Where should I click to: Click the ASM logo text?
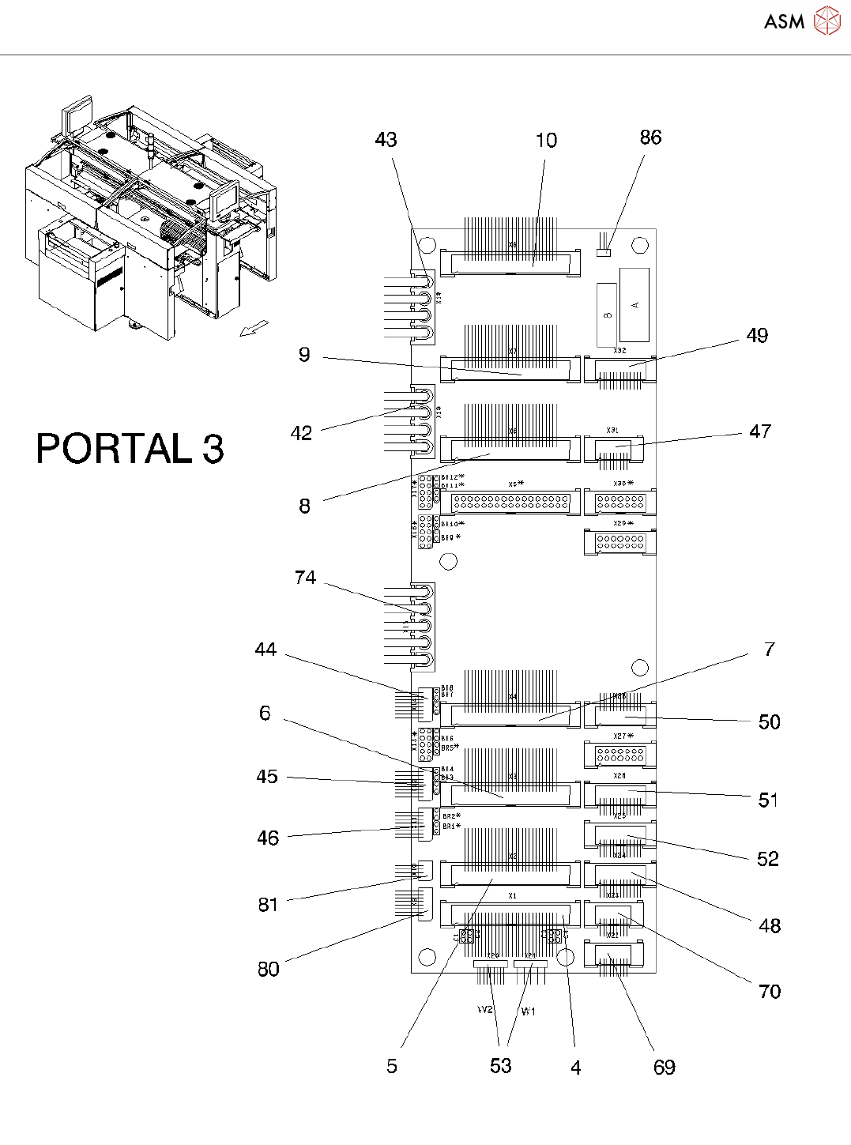pos(784,21)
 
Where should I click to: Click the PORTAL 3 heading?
pos(130,448)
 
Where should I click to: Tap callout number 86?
pos(650,137)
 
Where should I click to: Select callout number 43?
pos(386,140)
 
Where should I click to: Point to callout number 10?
pos(546,141)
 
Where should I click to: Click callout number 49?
pos(757,336)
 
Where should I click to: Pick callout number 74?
pos(305,578)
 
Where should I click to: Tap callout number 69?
pos(665,1068)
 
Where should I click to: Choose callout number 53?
pos(501,1066)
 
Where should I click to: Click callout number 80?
pos(269,970)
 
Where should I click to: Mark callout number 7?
pos(770,650)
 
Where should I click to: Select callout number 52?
pos(768,859)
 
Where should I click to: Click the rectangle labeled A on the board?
pos(634,304)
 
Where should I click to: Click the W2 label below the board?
pos(485,1010)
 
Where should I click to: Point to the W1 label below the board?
pos(528,1011)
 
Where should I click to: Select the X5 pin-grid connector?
pos(510,501)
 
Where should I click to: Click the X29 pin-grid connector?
pos(620,542)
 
